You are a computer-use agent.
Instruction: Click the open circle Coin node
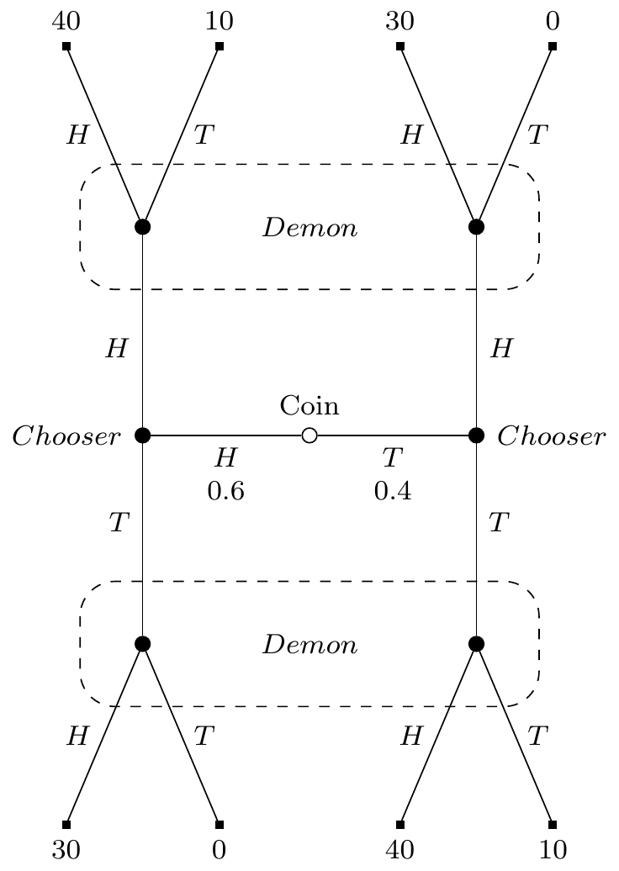[x=309, y=435]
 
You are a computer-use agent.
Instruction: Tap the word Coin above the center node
[x=309, y=406]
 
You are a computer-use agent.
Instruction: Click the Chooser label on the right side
[x=551, y=436]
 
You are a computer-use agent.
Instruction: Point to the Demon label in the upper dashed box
[x=309, y=228]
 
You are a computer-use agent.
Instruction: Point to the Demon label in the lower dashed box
[x=309, y=645]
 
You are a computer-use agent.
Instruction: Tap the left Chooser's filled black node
[x=143, y=435]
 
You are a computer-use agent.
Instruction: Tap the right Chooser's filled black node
[x=476, y=435]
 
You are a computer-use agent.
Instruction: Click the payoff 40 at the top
[x=66, y=21]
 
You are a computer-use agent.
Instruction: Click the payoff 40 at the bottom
[x=399, y=850]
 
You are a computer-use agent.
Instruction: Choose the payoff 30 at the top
[x=399, y=21]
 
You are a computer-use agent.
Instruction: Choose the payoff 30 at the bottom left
[x=66, y=850]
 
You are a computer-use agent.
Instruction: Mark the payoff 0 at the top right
[x=552, y=21]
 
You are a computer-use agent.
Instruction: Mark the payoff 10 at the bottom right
[x=552, y=850]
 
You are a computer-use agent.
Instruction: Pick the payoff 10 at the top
[x=219, y=21]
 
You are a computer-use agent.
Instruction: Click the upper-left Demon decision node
[x=143, y=227]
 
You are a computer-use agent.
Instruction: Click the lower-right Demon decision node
[x=476, y=644]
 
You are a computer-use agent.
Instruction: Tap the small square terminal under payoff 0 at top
[x=552, y=46]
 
